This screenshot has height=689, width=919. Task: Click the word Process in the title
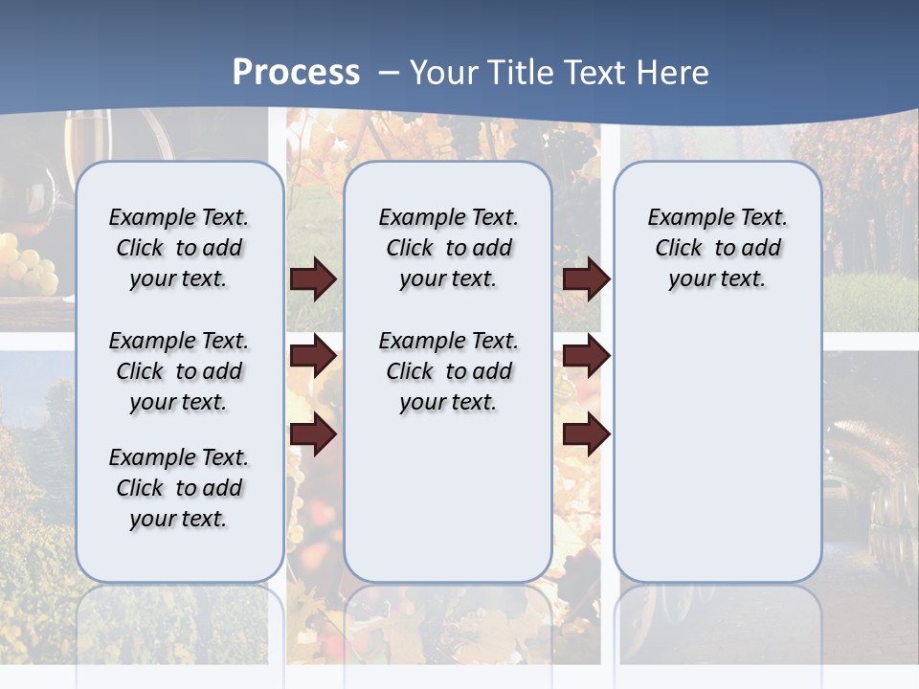pos(296,73)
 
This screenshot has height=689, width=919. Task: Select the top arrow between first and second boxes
pos(313,279)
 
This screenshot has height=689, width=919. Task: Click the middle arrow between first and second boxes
pos(313,357)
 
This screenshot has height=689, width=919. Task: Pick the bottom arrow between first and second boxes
pos(313,434)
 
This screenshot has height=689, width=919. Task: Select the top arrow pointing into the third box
pos(586,279)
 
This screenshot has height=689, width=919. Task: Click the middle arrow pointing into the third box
pos(586,357)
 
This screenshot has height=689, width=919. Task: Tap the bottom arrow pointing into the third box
pos(586,434)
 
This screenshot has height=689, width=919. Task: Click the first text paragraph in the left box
pos(179,248)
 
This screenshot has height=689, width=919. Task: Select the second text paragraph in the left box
pos(179,371)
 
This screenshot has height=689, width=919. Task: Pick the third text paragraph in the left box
pos(179,488)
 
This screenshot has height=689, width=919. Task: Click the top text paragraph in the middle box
pos(448,248)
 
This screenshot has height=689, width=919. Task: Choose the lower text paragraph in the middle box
pos(448,371)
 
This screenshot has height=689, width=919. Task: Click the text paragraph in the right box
pos(717,248)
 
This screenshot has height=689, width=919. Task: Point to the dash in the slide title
pos(389,73)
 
